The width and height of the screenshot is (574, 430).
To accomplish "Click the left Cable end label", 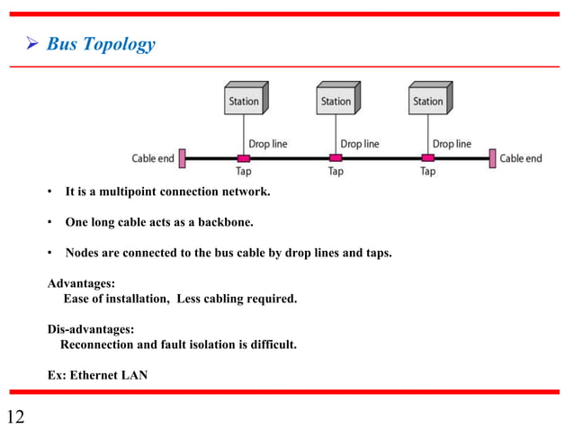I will pos(153,159).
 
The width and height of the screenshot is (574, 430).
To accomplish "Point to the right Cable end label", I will pos(521,158).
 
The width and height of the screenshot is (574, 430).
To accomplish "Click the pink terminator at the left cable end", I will pos(182,158).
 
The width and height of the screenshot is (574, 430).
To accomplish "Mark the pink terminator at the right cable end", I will pos(492,158).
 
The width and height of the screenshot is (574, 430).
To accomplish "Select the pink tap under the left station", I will pos(243,158).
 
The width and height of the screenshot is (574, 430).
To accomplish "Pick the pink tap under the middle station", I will pos(335,158).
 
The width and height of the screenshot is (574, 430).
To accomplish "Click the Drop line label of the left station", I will pos(267,143).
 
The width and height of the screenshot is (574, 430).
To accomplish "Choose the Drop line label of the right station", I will pos(451,143).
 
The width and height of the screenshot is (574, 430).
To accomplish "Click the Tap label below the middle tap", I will pos(335,171).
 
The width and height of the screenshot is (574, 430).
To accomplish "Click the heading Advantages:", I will pos(81,283).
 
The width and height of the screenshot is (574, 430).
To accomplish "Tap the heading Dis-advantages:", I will pos(90,329).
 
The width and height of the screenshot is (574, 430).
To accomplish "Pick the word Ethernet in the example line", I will pos(98,375).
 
